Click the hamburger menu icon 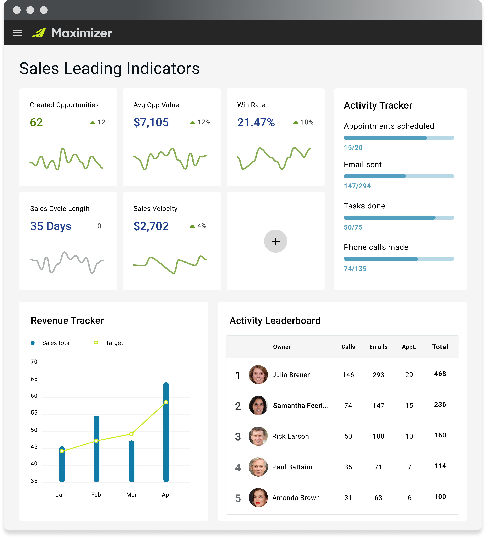coord(17,33)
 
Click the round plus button coord(276,241)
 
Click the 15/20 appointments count coord(353,148)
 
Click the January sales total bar coord(62,464)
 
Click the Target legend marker coord(96,343)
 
